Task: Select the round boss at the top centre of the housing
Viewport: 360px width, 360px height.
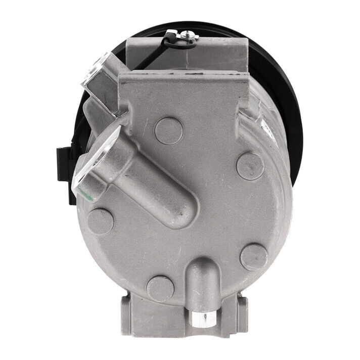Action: point(168,130)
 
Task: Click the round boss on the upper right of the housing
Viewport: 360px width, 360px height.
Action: point(250,166)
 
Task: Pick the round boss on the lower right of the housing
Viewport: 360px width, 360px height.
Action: point(254,257)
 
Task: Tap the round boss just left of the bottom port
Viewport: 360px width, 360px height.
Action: point(160,289)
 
